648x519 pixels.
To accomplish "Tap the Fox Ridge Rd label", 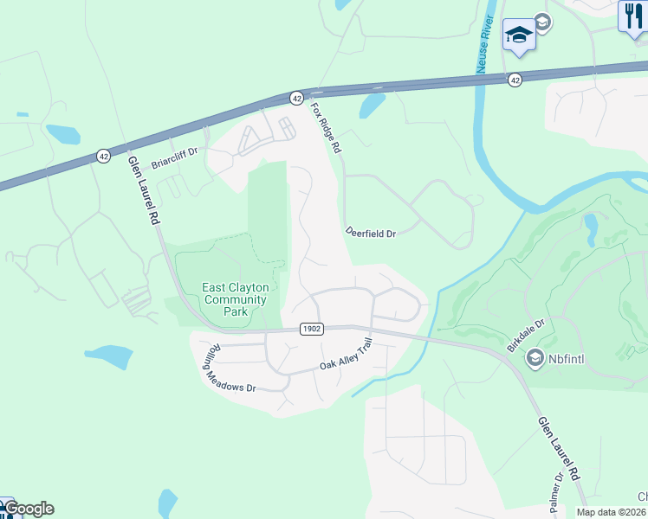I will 327,128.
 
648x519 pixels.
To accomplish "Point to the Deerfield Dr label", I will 370,233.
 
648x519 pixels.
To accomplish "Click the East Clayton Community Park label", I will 235,299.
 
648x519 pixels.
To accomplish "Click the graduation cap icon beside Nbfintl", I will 535,357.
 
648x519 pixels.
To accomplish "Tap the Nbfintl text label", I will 567,357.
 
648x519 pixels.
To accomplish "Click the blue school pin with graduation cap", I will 518,35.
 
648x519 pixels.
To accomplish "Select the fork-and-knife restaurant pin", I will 633,16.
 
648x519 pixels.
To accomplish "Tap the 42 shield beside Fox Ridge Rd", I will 296,98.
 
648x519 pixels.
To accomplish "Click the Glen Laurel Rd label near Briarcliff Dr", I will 145,190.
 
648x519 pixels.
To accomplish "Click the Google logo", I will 29,509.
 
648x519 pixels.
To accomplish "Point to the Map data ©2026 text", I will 612,512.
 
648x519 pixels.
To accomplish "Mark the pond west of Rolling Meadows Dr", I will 107,356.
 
